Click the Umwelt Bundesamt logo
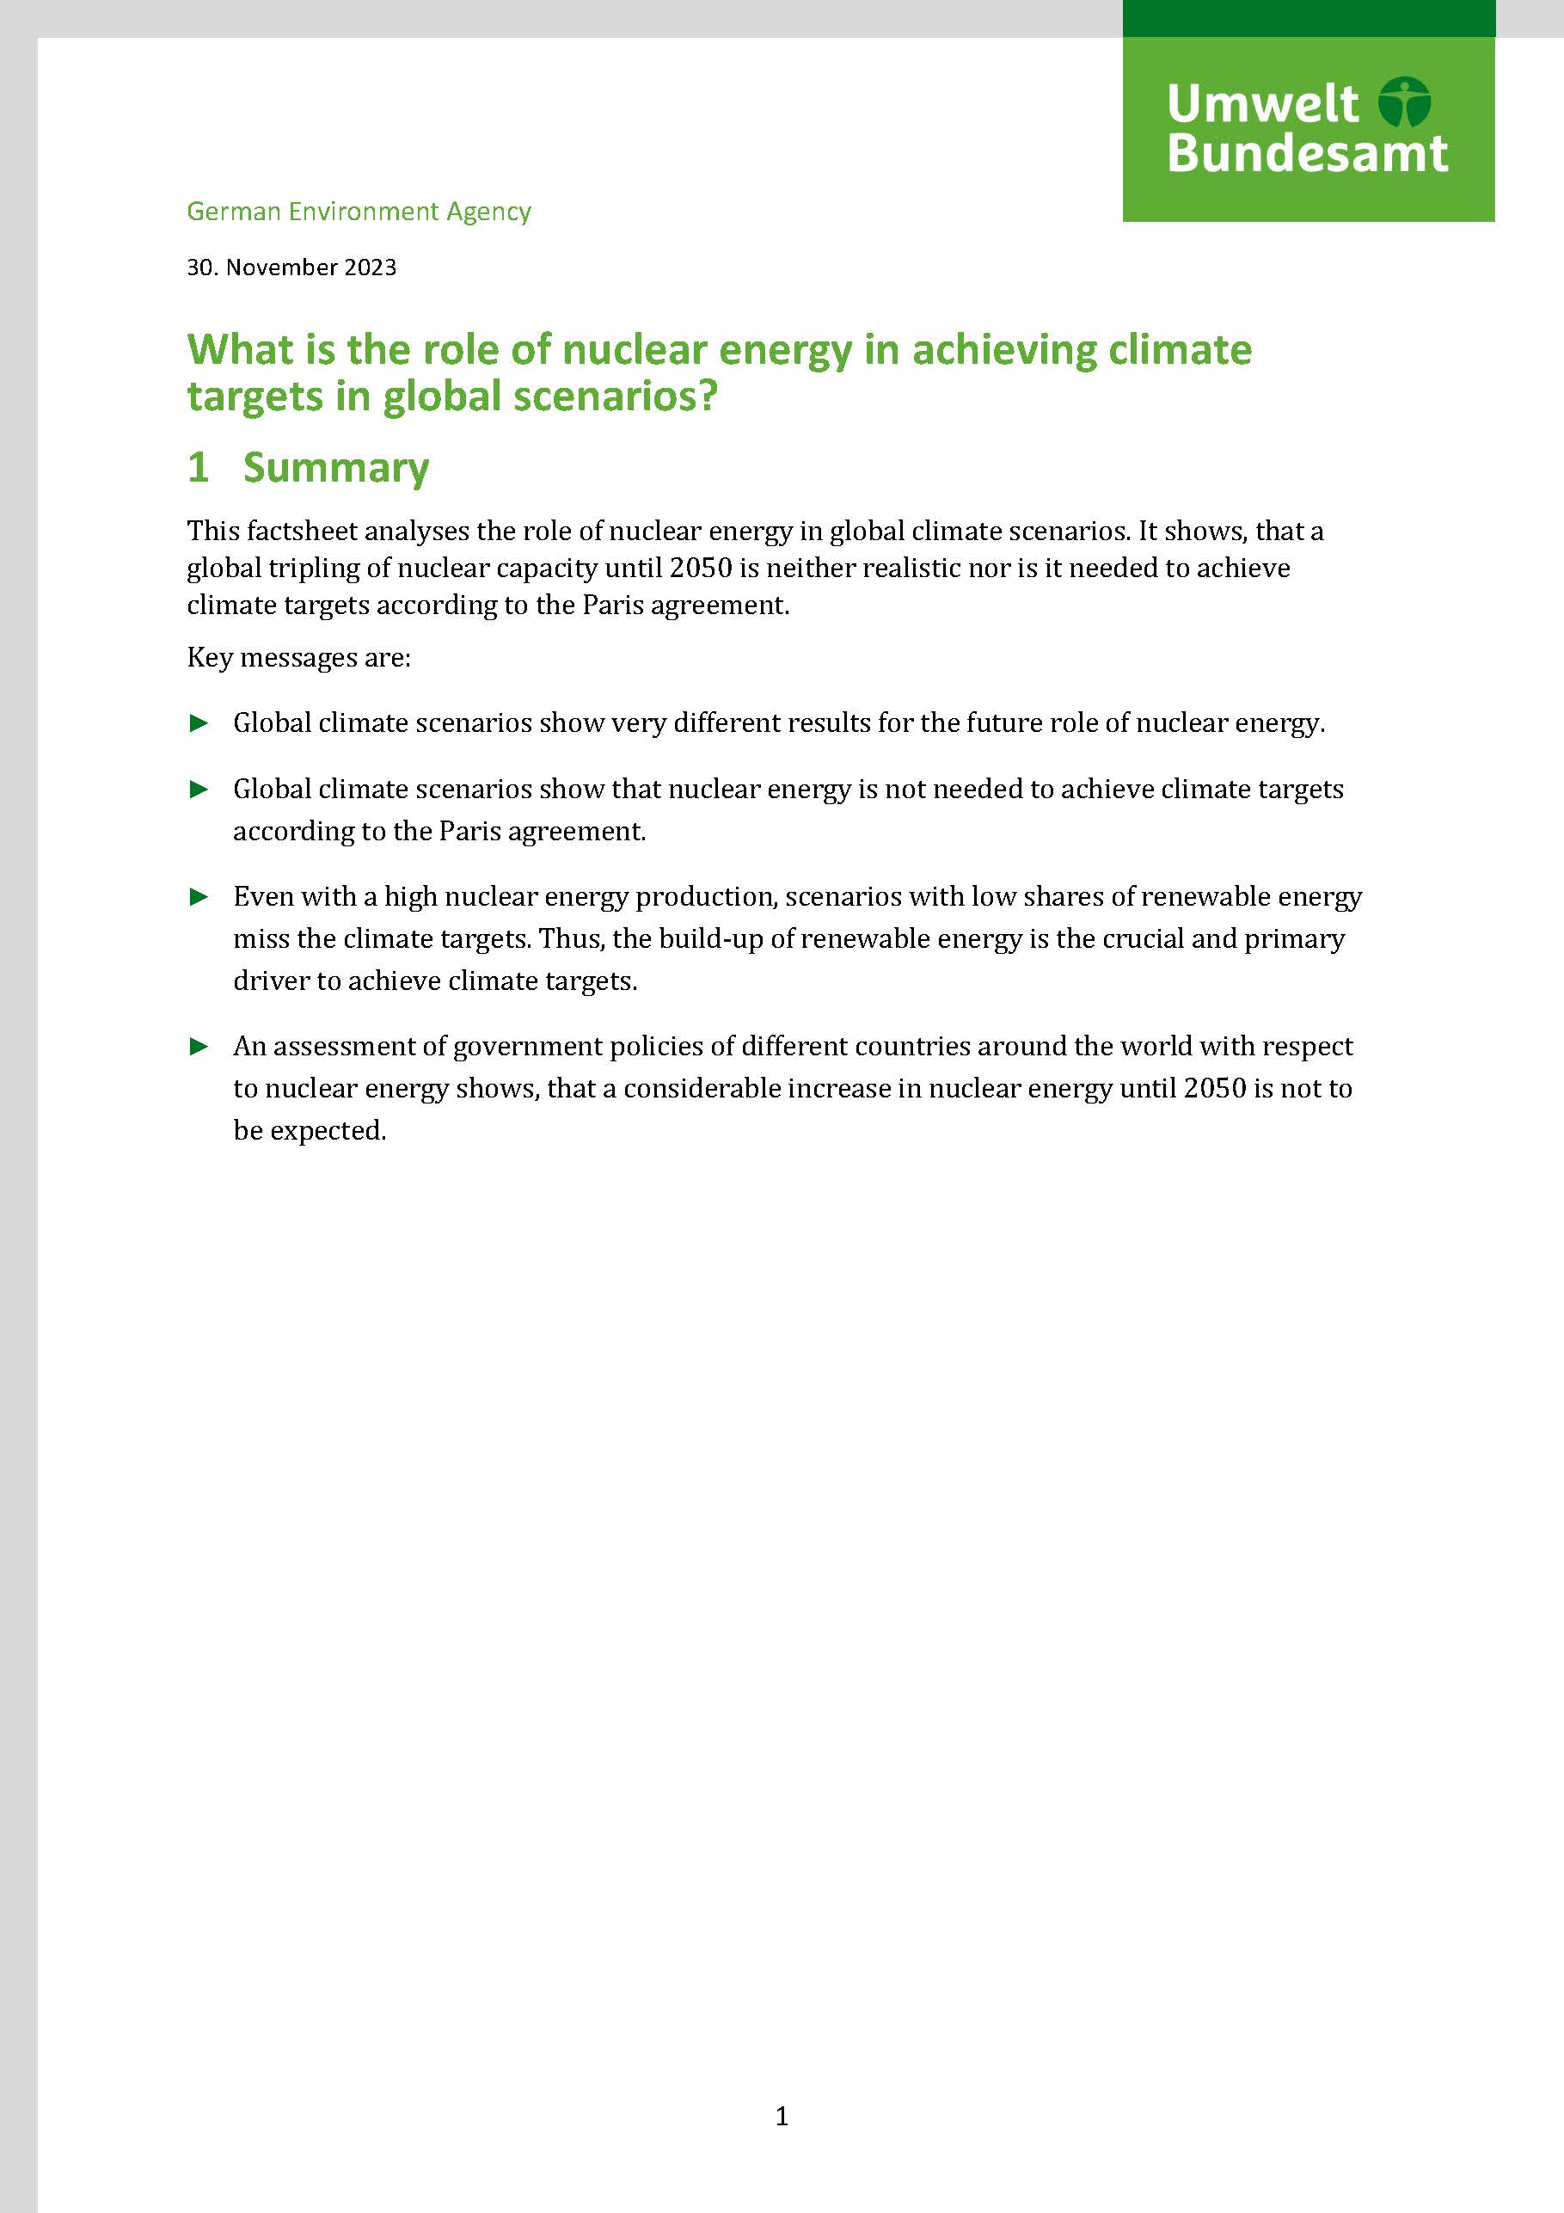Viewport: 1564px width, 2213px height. [x=1308, y=129]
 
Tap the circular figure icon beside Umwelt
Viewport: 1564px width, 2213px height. [x=1404, y=102]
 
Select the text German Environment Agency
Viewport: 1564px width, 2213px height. [x=359, y=211]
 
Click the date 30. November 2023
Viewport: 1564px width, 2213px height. [x=291, y=267]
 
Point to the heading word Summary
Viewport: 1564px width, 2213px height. [x=335, y=468]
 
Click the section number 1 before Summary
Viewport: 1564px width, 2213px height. [x=199, y=468]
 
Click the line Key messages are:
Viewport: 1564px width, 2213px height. [x=298, y=657]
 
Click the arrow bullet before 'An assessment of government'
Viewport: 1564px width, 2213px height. [x=199, y=1047]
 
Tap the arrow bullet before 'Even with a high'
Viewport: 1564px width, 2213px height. [x=199, y=897]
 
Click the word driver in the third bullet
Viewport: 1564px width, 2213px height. [x=271, y=981]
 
